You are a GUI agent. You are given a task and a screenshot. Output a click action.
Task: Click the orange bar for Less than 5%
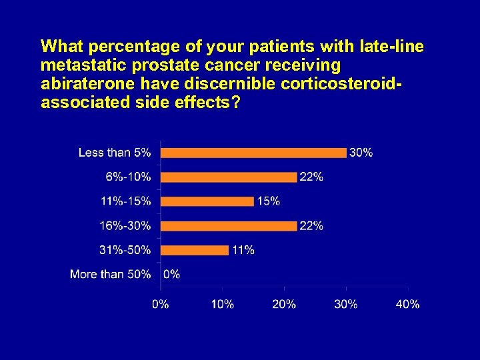[253, 153]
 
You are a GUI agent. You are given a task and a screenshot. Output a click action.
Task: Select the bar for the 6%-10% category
[229, 177]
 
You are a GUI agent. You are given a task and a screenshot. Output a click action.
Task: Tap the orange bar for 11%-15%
[207, 201]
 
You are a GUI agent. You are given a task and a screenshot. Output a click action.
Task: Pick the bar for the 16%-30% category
[229, 226]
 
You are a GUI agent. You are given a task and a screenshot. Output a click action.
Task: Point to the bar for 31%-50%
[195, 250]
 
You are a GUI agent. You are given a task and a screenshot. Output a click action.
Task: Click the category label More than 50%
[110, 274]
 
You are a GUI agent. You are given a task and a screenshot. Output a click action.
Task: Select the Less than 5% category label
[115, 153]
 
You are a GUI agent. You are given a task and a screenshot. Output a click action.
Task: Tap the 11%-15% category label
[126, 201]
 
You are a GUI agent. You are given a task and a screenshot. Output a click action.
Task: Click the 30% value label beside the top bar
[361, 153]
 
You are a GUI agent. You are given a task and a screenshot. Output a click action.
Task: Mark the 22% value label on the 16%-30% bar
[311, 226]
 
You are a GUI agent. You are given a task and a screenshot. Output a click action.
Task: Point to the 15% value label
[268, 201]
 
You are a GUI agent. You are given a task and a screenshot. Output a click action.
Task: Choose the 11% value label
[243, 250]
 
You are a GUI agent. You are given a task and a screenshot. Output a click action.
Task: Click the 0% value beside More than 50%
[171, 274]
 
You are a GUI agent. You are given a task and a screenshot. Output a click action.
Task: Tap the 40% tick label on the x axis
[407, 304]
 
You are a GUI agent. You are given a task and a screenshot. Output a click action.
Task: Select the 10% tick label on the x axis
[223, 304]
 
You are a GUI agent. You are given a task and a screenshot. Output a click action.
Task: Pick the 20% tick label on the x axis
[284, 304]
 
